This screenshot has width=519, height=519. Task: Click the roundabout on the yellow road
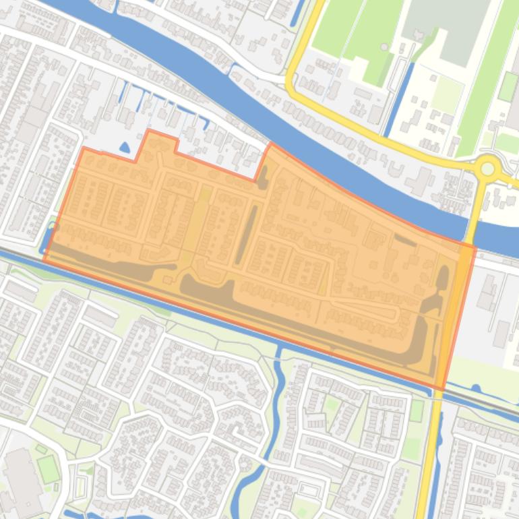487,167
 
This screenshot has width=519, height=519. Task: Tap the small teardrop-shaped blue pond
124,148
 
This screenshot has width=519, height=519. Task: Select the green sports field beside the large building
48,468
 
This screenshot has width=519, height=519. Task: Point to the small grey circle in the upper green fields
384,47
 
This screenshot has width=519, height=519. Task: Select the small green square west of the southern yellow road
417,410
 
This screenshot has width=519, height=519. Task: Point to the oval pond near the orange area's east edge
442,277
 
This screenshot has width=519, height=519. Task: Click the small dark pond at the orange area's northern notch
262,177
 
